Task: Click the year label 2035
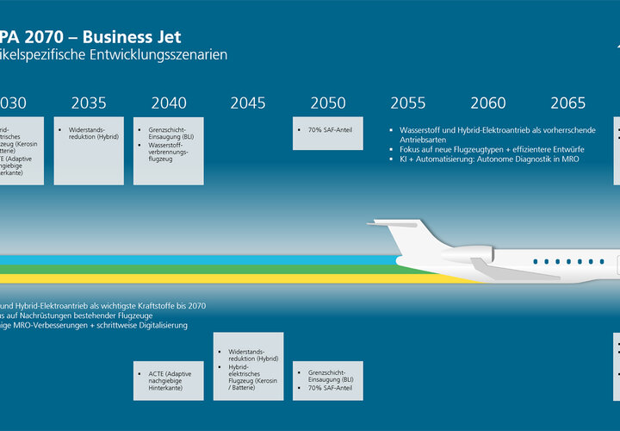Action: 89,103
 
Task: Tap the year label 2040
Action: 169,103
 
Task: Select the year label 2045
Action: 248,103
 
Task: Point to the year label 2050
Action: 328,103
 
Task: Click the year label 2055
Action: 408,103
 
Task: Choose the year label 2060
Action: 488,103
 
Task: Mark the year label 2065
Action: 568,103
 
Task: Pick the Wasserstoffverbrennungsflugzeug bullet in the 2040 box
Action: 169,154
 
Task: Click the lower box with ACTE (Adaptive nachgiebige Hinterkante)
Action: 169,379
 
